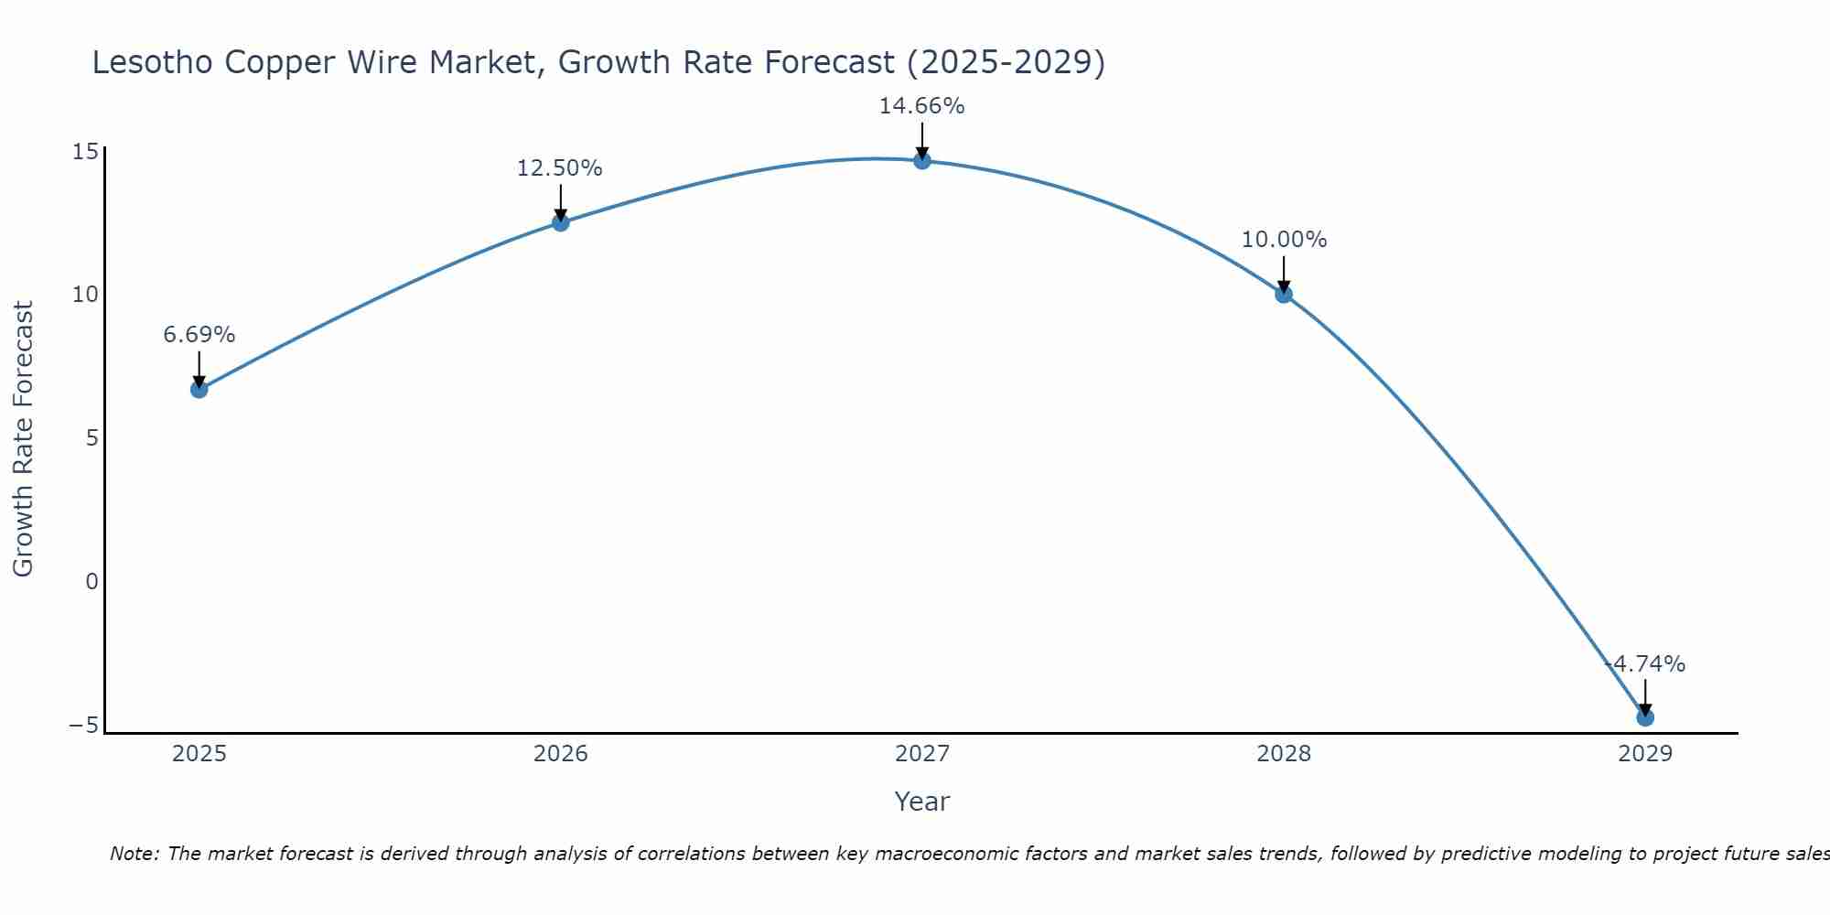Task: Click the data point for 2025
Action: click(x=199, y=389)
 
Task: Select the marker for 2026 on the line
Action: click(x=561, y=222)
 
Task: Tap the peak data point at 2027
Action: click(x=922, y=160)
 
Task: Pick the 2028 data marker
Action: click(x=1284, y=294)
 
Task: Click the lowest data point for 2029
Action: click(x=1645, y=717)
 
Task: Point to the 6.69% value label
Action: click(x=199, y=335)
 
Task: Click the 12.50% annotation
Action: click(x=559, y=168)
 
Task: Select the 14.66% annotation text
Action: click(x=921, y=106)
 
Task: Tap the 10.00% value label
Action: click(x=1284, y=240)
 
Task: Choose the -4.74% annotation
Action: click(x=1645, y=664)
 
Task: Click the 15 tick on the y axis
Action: click(x=85, y=151)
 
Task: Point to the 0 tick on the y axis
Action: click(x=91, y=582)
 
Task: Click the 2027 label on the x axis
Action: click(x=922, y=754)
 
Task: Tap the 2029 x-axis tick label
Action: click(x=1645, y=754)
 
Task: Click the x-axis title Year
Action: click(x=921, y=802)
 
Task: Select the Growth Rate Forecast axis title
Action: click(x=23, y=439)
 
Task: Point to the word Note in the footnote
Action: click(x=135, y=854)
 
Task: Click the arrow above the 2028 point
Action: click(x=1284, y=272)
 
